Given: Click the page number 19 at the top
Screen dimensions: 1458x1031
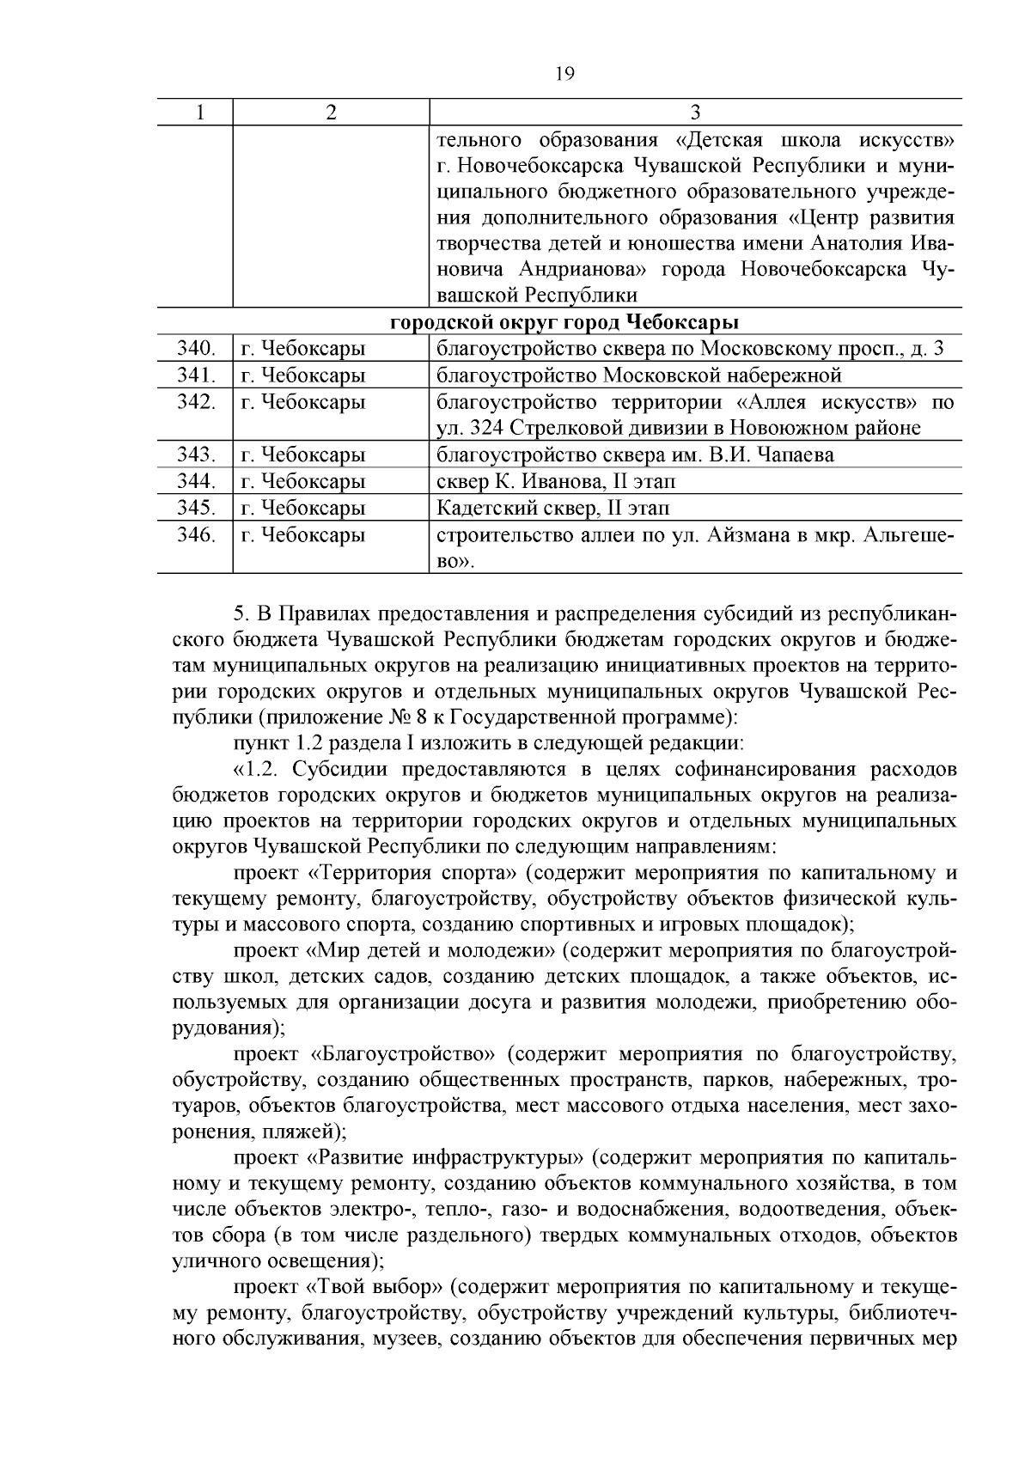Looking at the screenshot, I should pyautogui.click(x=564, y=74).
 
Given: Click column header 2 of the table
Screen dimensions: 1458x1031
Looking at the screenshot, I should pyautogui.click(x=331, y=113).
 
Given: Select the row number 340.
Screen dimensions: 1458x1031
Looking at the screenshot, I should pyautogui.click(x=195, y=349).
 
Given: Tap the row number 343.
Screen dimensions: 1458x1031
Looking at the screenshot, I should pyautogui.click(x=195, y=454).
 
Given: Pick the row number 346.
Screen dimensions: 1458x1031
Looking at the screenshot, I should pyautogui.click(x=195, y=535).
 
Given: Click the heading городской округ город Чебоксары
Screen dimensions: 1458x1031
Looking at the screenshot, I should pyautogui.click(x=564, y=323).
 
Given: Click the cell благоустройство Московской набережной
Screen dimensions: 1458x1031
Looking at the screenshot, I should pyautogui.click(x=639, y=375).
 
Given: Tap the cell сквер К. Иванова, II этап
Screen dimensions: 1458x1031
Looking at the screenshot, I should pyautogui.click(x=556, y=482).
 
